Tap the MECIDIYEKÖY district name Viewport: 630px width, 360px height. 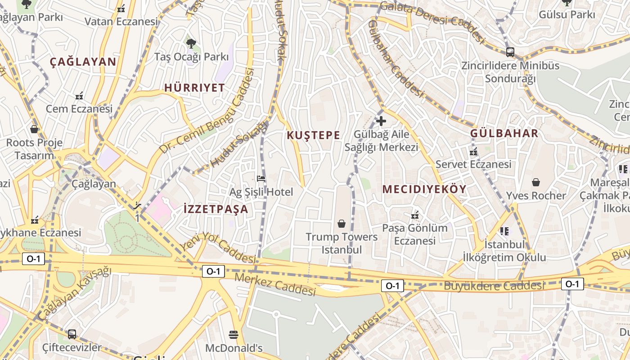click(x=424, y=189)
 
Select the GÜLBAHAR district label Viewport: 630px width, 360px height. click(x=504, y=133)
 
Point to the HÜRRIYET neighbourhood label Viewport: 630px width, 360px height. click(x=194, y=88)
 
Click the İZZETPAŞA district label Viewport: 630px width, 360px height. click(x=216, y=209)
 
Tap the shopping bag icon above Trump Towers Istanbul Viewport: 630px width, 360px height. click(x=342, y=224)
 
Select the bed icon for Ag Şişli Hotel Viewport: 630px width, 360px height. click(x=261, y=179)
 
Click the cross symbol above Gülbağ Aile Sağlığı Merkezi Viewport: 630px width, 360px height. click(x=381, y=121)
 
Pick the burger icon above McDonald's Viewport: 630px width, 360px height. click(x=233, y=335)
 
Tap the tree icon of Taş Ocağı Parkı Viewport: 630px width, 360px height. click(x=191, y=44)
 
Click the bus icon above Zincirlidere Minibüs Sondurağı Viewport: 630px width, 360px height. click(x=510, y=52)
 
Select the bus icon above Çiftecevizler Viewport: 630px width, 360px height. click(x=72, y=334)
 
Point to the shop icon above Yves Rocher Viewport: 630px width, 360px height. click(x=535, y=182)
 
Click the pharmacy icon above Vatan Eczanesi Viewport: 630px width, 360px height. click(x=121, y=9)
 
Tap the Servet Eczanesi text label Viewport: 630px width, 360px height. click(x=473, y=164)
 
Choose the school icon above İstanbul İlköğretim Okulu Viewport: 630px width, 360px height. click(x=504, y=231)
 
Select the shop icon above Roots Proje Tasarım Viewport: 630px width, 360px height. click(x=34, y=130)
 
